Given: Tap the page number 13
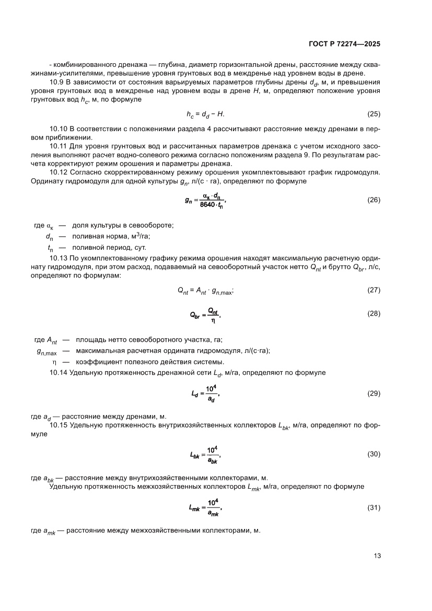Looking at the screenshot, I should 377,556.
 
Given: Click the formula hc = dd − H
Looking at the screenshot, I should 205,114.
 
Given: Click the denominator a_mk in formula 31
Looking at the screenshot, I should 212,513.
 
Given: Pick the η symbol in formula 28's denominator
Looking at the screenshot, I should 213,320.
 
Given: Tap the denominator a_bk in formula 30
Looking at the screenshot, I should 212,460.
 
